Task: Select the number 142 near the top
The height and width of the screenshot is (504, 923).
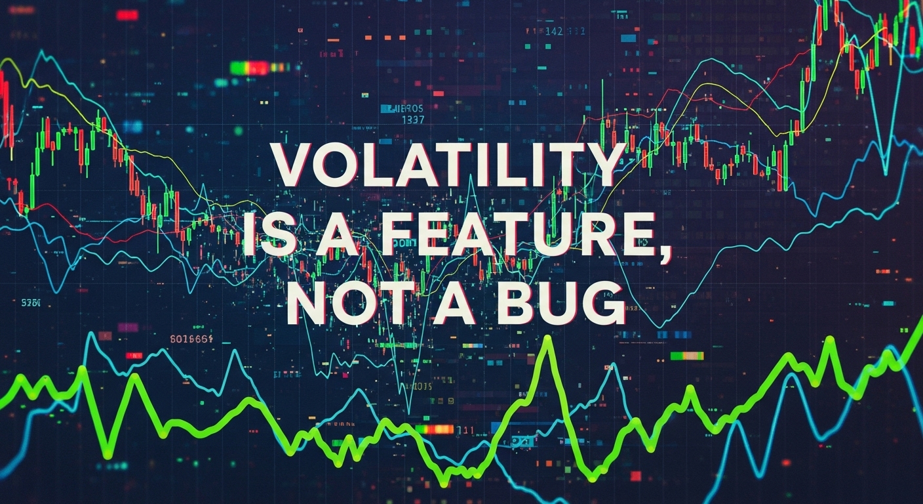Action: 554,31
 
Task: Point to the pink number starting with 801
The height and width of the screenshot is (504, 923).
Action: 191,339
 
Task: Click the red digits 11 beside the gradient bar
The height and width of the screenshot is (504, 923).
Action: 465,430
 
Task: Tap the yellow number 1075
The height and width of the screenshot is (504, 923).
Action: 416,387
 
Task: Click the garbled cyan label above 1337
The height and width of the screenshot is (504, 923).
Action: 402,109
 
